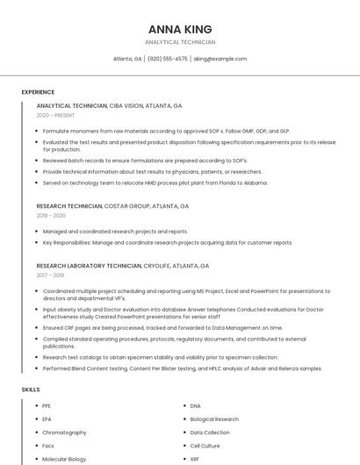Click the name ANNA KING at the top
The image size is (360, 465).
[x=180, y=29]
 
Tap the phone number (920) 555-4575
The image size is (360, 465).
[x=167, y=59]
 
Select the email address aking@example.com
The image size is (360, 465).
[x=220, y=59]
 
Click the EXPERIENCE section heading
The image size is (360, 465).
[x=38, y=92]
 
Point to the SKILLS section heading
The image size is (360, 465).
[x=31, y=389]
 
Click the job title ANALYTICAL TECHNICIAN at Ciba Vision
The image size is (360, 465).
[x=72, y=105]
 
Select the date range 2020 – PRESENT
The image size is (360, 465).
[x=55, y=115]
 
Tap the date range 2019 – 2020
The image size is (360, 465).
[x=51, y=216]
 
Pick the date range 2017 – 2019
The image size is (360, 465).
[x=50, y=275]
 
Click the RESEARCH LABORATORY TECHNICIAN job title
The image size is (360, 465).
[x=89, y=265]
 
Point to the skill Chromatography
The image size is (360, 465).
[x=64, y=433]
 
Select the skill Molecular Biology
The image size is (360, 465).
[x=64, y=459]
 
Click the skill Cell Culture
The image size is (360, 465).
[x=206, y=446]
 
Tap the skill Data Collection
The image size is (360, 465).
[x=210, y=433]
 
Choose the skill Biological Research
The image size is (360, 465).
[x=214, y=419]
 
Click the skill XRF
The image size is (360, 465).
[x=195, y=459]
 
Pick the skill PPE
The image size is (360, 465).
[x=47, y=406]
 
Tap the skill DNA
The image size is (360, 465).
[x=195, y=406]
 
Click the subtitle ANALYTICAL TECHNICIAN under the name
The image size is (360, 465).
[x=180, y=42]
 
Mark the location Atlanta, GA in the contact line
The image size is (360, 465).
[x=127, y=59]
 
